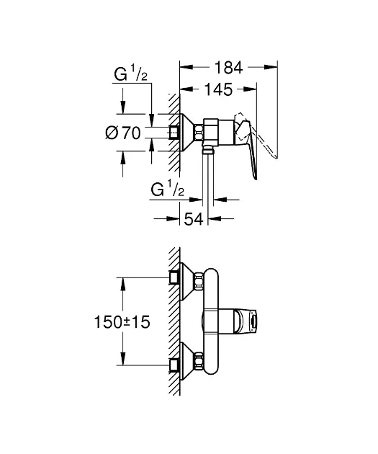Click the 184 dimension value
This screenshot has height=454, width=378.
[x=228, y=68]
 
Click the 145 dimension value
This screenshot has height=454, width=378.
[x=218, y=89]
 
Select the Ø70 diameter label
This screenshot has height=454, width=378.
[x=123, y=133]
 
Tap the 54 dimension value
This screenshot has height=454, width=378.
[x=194, y=219]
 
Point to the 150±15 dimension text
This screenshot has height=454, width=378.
[x=122, y=322]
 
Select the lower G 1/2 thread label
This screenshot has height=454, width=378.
[x=167, y=189]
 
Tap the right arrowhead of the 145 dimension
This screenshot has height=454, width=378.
[x=250, y=89]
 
